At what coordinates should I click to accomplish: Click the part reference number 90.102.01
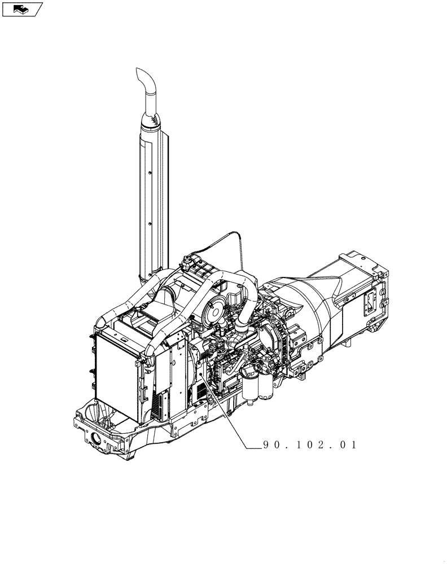tap(310, 445)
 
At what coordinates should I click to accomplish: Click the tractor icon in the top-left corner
tap(23, 9)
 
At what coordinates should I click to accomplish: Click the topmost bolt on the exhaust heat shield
tap(150, 173)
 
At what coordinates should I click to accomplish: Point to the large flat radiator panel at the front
tap(117, 376)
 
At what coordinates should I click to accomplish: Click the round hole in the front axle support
tap(97, 439)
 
